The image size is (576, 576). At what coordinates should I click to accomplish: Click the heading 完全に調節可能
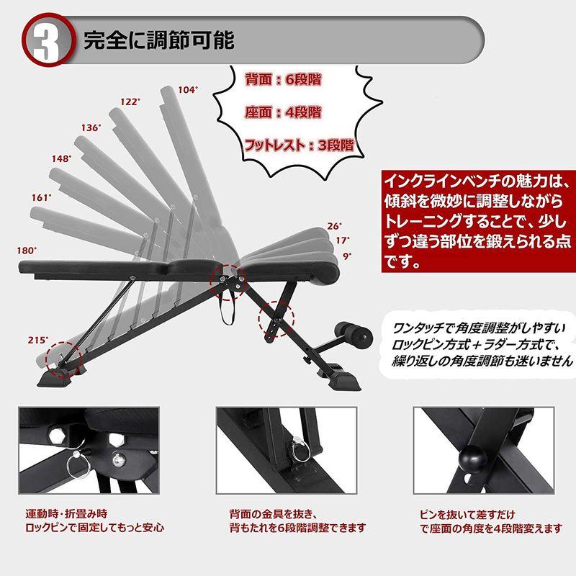pyautogui.click(x=158, y=39)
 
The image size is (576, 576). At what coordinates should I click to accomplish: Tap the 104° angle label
pyautogui.click(x=187, y=90)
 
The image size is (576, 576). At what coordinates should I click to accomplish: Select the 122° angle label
pyautogui.click(x=129, y=102)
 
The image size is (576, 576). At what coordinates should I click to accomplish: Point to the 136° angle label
pyautogui.click(x=91, y=127)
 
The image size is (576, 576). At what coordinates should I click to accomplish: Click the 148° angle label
pyautogui.click(x=61, y=158)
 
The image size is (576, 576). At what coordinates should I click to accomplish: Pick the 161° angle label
pyautogui.click(x=41, y=197)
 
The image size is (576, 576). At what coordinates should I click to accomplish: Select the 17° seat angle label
pyautogui.click(x=343, y=240)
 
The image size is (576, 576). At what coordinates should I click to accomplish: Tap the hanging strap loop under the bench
pyautogui.click(x=232, y=311)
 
